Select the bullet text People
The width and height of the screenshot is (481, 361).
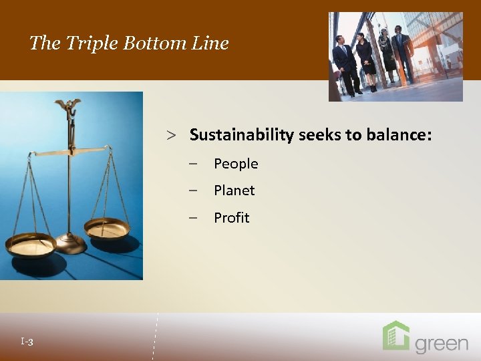click(x=236, y=164)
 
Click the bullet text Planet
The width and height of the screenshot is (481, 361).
click(x=234, y=191)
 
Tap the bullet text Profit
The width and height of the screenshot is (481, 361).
click(x=231, y=218)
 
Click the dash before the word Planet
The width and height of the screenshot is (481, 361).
click(x=193, y=191)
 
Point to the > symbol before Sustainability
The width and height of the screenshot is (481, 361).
click(x=172, y=136)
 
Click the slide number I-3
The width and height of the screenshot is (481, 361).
click(x=27, y=342)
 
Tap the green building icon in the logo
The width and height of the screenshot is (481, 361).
click(x=395, y=336)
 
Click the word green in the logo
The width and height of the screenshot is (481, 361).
click(x=442, y=344)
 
